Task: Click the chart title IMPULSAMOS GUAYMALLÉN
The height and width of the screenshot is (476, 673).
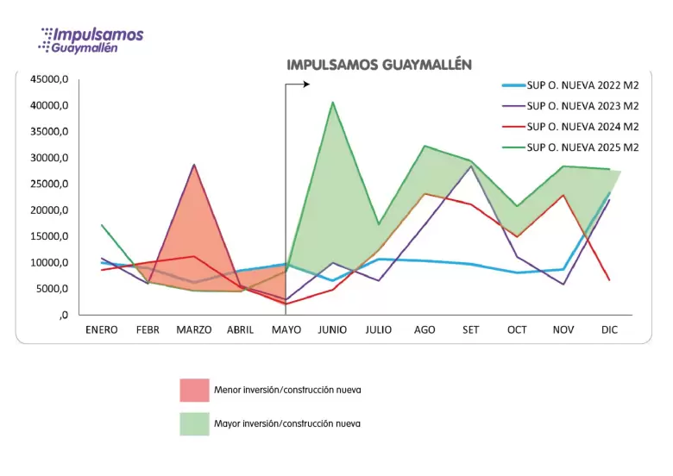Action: coord(379,65)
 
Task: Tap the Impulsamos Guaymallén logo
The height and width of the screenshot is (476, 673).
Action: coord(91,41)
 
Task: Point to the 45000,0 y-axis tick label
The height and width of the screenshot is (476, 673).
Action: coord(49,79)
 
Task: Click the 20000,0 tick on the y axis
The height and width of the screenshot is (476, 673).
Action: coord(49,210)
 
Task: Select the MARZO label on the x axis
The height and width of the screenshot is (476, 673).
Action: coord(194,329)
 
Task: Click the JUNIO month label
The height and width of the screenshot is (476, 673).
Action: coord(332,329)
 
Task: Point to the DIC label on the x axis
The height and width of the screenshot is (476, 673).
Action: coord(609,329)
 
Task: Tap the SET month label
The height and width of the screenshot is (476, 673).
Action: coord(471,329)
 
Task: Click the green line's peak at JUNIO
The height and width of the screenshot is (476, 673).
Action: coord(333,102)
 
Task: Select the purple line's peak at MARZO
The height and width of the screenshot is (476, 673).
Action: coord(194,165)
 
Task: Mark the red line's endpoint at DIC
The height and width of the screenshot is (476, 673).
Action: coord(609,280)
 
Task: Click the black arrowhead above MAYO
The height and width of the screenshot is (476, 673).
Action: coord(306,84)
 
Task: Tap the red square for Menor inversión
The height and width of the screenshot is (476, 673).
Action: coord(194,391)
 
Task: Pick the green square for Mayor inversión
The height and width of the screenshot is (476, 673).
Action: coord(194,424)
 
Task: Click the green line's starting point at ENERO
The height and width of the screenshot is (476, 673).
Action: coord(102,225)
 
